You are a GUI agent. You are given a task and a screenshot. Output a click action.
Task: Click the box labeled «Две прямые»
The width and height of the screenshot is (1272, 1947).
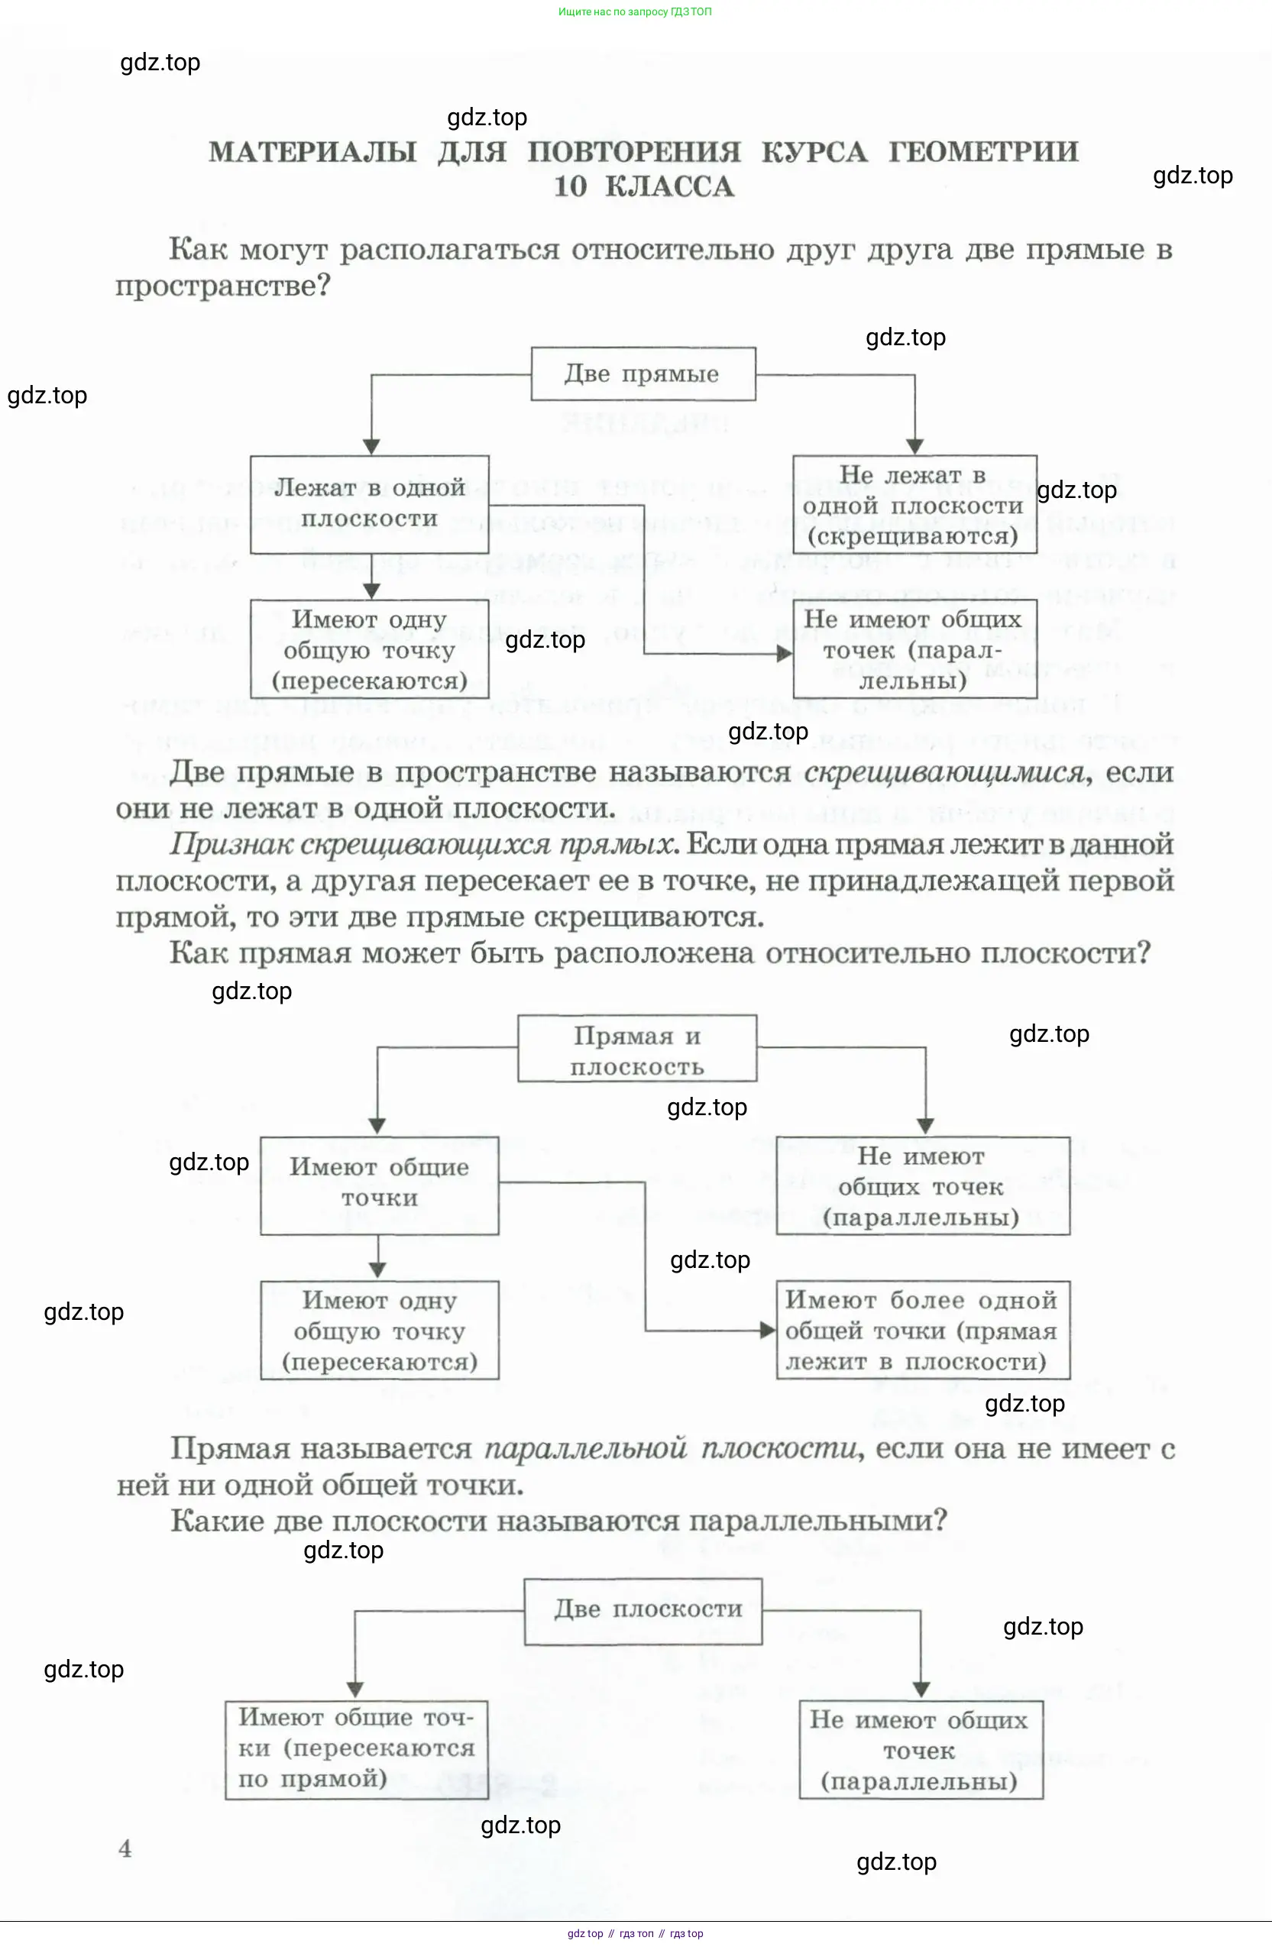643,374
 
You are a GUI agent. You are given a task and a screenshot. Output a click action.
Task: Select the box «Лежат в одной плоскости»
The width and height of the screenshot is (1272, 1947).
369,504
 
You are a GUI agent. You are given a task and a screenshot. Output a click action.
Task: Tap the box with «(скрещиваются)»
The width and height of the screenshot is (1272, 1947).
914,504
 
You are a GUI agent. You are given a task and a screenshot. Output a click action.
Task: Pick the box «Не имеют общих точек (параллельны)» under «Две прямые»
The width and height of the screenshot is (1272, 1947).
914,649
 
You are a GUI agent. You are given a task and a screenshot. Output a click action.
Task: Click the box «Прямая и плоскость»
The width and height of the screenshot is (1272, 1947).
636,1050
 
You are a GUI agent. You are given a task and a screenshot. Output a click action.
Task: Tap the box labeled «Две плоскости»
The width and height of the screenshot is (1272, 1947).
643,1610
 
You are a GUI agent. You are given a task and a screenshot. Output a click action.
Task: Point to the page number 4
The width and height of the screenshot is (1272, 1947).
125,1848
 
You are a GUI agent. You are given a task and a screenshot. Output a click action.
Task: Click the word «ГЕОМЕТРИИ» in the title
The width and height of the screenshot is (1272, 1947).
983,152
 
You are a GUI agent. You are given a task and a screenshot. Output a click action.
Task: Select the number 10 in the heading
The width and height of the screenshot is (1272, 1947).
570,187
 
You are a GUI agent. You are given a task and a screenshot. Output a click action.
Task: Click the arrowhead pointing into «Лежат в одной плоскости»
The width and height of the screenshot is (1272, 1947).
371,447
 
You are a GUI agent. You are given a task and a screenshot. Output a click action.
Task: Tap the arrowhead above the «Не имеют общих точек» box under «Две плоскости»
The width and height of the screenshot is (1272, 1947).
921,1690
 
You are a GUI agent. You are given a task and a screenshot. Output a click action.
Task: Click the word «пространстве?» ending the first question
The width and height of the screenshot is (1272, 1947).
222,286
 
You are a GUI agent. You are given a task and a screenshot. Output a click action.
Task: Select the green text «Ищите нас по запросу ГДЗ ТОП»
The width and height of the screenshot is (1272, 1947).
635,11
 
